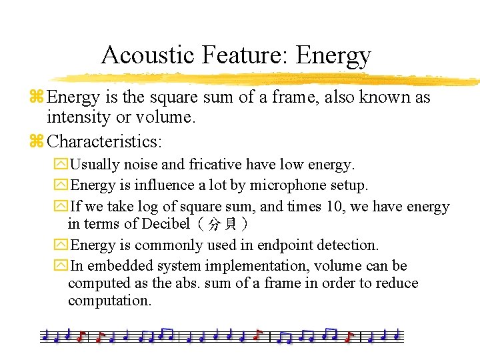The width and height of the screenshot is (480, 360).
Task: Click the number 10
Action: (x=335, y=207)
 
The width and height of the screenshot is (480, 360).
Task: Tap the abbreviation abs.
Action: (x=188, y=283)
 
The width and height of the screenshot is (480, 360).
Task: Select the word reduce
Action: (x=394, y=283)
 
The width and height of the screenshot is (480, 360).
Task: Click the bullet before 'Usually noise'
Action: (x=61, y=165)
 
